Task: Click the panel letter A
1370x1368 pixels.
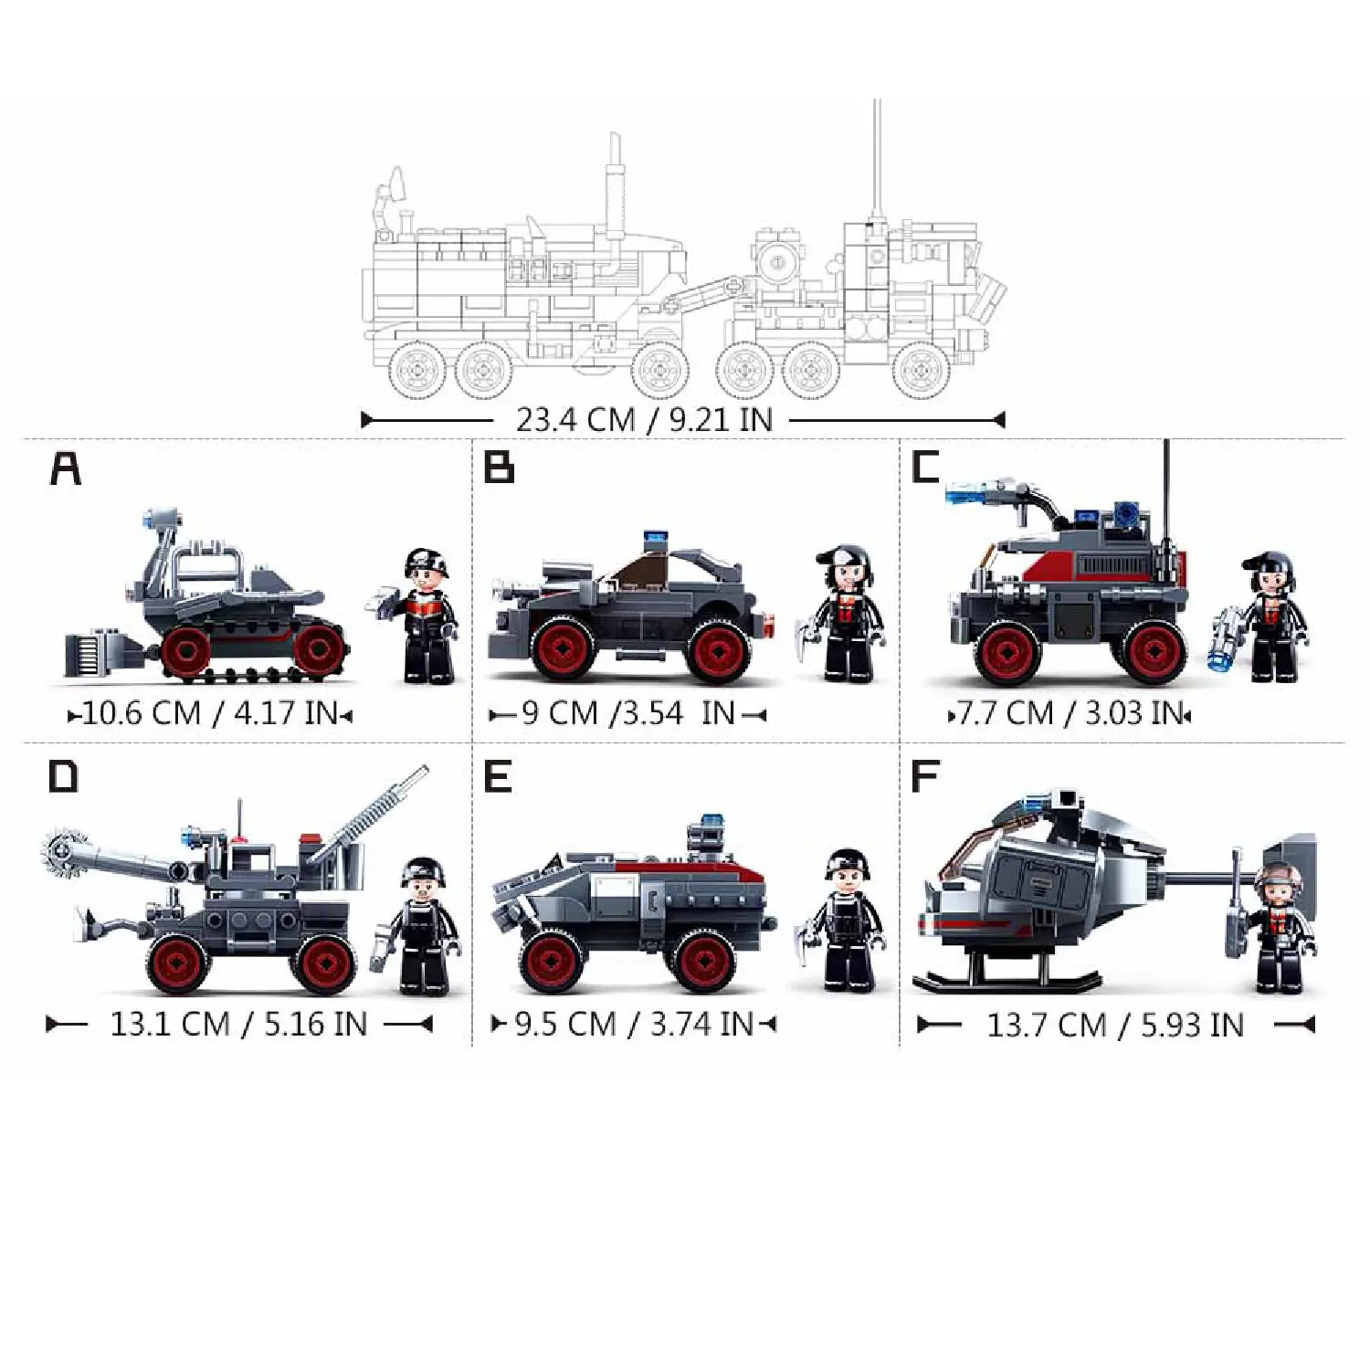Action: click(65, 468)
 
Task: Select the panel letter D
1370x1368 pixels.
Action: click(63, 776)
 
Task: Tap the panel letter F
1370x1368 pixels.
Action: click(925, 776)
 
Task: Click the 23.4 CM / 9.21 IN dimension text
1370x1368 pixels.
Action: click(644, 420)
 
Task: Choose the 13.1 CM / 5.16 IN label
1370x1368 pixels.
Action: click(238, 1025)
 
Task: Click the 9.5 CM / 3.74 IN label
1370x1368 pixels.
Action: click(634, 1025)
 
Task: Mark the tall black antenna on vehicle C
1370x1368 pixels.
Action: click(1166, 511)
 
